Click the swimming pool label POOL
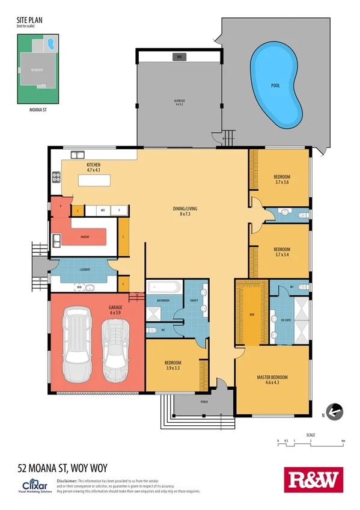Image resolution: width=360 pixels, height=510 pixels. (x=275, y=85)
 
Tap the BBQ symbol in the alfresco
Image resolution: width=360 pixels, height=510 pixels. (x=178, y=57)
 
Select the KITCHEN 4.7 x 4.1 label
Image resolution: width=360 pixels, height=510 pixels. (x=93, y=167)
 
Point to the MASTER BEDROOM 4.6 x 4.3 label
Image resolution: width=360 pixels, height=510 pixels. (x=272, y=379)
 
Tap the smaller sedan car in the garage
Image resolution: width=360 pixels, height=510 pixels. (x=115, y=349)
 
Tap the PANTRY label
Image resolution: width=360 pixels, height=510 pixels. (x=85, y=237)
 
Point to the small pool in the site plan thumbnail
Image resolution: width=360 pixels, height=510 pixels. (x=53, y=44)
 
